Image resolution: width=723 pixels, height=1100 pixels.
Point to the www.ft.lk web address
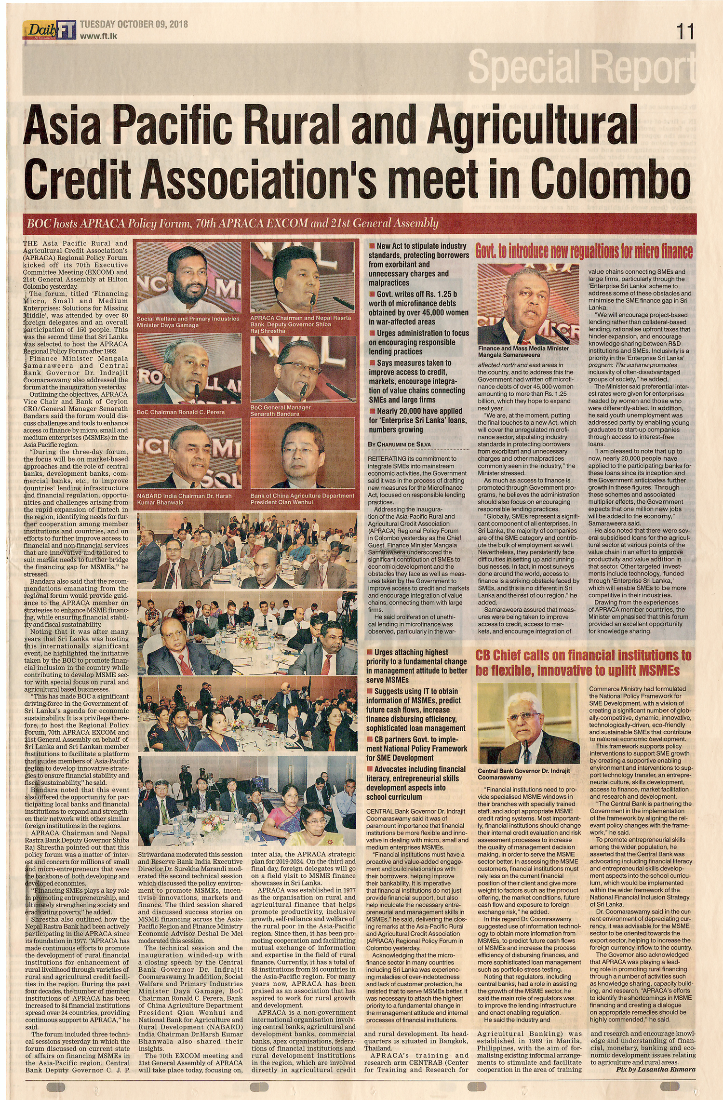tap(99, 36)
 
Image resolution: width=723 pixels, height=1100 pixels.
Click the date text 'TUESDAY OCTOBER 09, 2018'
tap(134, 25)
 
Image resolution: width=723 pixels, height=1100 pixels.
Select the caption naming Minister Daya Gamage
tap(188, 322)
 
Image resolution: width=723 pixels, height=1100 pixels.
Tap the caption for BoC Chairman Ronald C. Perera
tap(181, 412)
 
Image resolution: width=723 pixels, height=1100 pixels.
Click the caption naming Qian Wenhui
tap(302, 498)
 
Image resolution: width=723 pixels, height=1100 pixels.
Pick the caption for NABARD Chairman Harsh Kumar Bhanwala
tap(184, 498)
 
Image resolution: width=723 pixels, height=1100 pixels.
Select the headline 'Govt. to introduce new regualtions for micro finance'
tap(584, 251)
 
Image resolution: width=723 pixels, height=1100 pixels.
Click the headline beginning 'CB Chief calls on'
tap(583, 662)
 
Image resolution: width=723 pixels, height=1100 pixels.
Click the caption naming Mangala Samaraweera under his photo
tap(523, 351)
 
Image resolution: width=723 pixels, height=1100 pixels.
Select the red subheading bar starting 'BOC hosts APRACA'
tap(232, 223)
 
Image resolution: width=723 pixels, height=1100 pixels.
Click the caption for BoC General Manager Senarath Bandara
tap(281, 410)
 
